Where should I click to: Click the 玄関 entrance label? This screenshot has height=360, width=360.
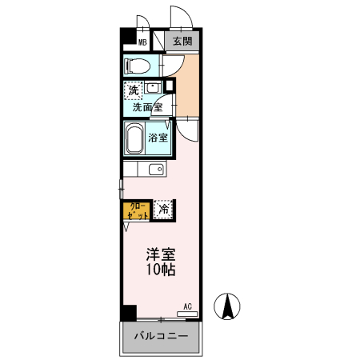[x=182, y=42]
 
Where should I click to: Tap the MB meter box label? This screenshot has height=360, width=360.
[x=143, y=42]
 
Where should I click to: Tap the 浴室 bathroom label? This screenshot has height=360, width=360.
[x=158, y=138]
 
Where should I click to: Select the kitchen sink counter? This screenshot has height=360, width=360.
[x=144, y=170]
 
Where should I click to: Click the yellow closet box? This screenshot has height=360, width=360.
[x=136, y=210]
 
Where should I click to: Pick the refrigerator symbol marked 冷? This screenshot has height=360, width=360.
[x=162, y=210]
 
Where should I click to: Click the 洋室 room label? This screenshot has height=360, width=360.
[x=160, y=255]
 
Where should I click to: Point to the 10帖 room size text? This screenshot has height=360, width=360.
[x=160, y=271]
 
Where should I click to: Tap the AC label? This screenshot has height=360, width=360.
[x=187, y=306]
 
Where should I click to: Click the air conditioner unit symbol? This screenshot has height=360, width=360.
[x=186, y=314]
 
